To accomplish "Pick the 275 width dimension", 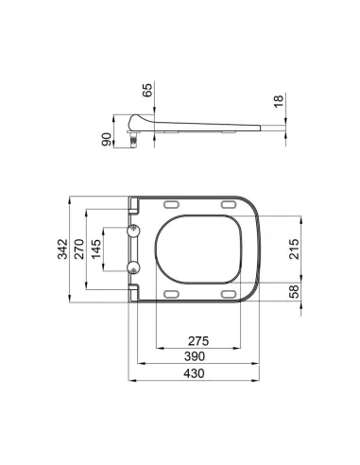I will pos(198,340).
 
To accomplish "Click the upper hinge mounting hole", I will pos(133,232).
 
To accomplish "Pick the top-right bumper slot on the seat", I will pos(228,205).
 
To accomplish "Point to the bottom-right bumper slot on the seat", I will pos(228,295).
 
